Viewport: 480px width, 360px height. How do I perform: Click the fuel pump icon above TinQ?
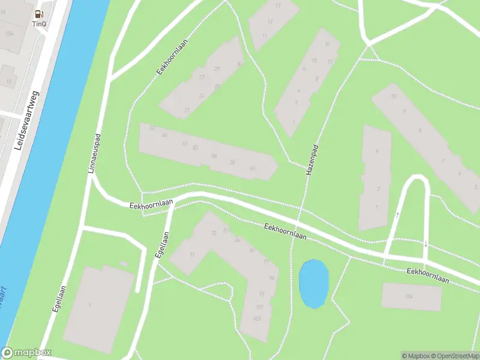point(40,14)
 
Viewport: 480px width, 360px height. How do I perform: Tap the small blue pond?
point(313,283)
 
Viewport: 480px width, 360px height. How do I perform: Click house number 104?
point(409,296)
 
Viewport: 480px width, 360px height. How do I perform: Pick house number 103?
point(257,318)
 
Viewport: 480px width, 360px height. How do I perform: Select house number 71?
point(193,255)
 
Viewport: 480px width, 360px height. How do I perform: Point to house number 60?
point(253,168)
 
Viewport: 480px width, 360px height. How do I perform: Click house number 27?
point(202,77)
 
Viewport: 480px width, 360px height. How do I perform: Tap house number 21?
point(187,110)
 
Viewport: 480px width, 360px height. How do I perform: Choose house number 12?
point(270,22)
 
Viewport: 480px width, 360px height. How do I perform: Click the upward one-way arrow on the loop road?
point(397,214)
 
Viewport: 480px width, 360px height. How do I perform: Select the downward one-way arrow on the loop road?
point(425,244)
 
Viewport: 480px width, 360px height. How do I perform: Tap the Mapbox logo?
point(26,353)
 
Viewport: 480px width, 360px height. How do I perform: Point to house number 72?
point(213,233)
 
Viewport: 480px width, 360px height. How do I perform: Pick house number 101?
point(259,307)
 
